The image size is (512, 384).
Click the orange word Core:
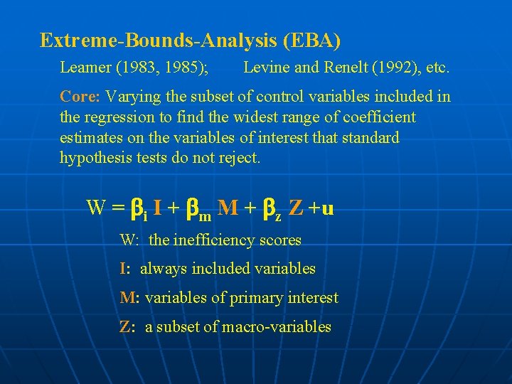[80, 96]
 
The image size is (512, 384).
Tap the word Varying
[133, 96]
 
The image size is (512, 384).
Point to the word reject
[240, 158]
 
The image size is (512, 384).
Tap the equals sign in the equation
[118, 208]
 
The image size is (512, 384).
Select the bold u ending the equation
[328, 209]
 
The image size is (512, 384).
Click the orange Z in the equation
[297, 208]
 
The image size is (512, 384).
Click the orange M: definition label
[129, 298]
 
